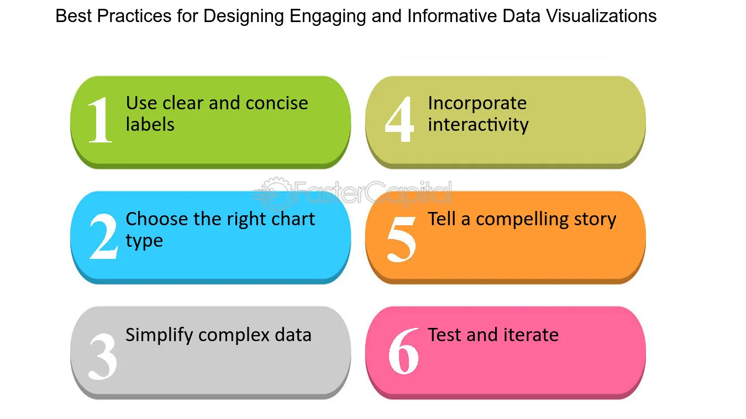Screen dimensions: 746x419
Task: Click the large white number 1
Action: (100, 120)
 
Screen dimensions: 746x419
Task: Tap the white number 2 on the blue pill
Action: (103, 236)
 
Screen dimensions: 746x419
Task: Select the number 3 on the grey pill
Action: (103, 357)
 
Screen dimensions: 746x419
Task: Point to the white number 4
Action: (400, 119)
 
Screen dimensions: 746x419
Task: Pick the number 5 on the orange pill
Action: (401, 239)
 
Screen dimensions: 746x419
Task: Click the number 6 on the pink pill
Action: (403, 351)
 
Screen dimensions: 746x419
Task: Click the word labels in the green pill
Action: (150, 124)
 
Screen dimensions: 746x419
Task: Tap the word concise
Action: (277, 103)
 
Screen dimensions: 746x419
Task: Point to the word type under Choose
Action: (144, 241)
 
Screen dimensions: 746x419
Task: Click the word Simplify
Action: (159, 336)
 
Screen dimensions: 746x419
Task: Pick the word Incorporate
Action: (477, 104)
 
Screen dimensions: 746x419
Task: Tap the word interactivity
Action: (478, 125)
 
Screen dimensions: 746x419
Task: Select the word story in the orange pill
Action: (596, 220)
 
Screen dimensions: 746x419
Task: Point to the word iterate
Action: (531, 335)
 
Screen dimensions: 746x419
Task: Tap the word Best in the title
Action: (73, 15)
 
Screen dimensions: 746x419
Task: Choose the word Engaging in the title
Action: (328, 17)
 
